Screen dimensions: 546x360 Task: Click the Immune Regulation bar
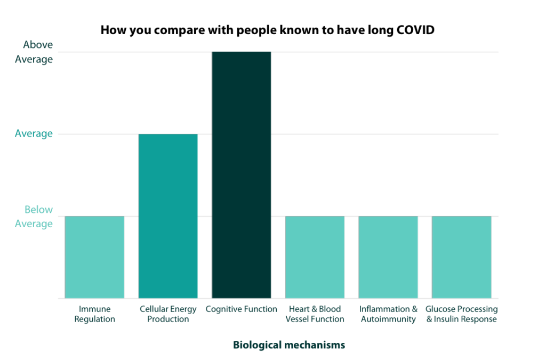pyautogui.click(x=94, y=257)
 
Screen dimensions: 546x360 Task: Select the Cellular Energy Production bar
pyautogui.click(x=168, y=216)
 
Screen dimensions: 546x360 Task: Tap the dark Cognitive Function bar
pyautogui.click(x=242, y=175)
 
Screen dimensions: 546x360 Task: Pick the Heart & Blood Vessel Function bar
pyautogui.click(x=315, y=257)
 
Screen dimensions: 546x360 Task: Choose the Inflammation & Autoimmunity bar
pyautogui.click(x=388, y=257)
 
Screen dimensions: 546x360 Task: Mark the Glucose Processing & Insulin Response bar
pyautogui.click(x=462, y=257)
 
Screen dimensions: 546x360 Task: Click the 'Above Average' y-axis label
pyautogui.click(x=34, y=52)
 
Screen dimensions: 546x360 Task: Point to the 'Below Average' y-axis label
pyautogui.click(x=34, y=217)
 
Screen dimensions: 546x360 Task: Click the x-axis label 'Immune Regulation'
pyautogui.click(x=95, y=314)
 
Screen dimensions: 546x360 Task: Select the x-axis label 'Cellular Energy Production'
pyautogui.click(x=168, y=314)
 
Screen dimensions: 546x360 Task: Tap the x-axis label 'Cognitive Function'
pyautogui.click(x=242, y=309)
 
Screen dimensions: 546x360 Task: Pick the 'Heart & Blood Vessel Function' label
pyautogui.click(x=315, y=314)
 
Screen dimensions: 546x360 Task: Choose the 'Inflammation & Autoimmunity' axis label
pyautogui.click(x=388, y=314)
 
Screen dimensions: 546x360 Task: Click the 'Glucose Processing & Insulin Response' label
pyautogui.click(x=462, y=314)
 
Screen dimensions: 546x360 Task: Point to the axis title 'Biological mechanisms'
pyautogui.click(x=289, y=345)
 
